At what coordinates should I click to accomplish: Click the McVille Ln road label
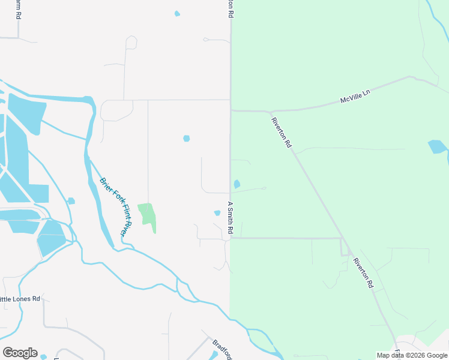pyautogui.click(x=356, y=96)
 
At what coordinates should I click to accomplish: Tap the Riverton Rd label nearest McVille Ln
pyautogui.click(x=282, y=131)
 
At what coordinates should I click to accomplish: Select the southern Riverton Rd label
pyautogui.click(x=363, y=272)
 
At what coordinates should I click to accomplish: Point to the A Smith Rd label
pyautogui.click(x=229, y=217)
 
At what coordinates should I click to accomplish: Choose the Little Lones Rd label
pyautogui.click(x=19, y=298)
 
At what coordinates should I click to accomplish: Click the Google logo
pyautogui.click(x=20, y=353)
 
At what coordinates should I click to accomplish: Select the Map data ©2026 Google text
pyautogui.click(x=412, y=355)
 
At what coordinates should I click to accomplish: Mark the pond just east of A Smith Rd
pyautogui.click(x=237, y=184)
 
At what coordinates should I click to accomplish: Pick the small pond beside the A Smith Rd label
pyautogui.click(x=217, y=213)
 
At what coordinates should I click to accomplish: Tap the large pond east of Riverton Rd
pyautogui.click(x=437, y=147)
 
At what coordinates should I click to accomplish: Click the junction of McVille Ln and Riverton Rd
pyautogui.click(x=271, y=112)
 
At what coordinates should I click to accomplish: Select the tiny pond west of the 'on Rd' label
pyautogui.click(x=176, y=13)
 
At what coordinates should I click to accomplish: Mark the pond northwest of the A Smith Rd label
pyautogui.click(x=186, y=139)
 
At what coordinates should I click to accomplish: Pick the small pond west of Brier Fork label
pyautogui.click(x=71, y=201)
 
